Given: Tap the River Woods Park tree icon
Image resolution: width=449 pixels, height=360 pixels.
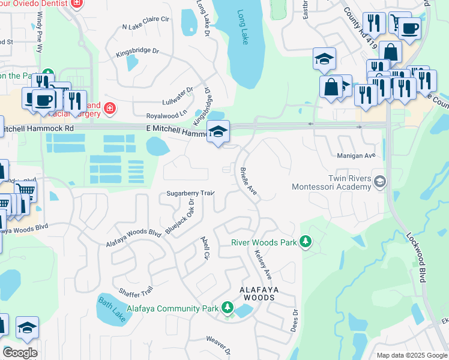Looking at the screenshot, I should click(306, 241).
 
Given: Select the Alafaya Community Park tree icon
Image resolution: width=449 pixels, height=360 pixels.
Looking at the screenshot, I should click(227, 308).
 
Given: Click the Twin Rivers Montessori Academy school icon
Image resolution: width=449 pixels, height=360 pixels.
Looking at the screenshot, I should click(379, 181).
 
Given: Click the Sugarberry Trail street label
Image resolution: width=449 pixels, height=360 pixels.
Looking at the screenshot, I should click(190, 193).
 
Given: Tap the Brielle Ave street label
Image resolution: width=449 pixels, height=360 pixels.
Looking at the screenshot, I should click(249, 181).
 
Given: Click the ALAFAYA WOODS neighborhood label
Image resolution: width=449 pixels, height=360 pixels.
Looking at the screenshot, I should click(260, 293).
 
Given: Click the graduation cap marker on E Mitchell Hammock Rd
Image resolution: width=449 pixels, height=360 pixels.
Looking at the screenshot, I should click(218, 131).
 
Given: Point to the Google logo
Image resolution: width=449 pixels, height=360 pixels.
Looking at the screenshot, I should click(20, 353).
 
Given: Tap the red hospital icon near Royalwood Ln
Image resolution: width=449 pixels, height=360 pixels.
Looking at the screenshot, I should click(109, 109).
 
